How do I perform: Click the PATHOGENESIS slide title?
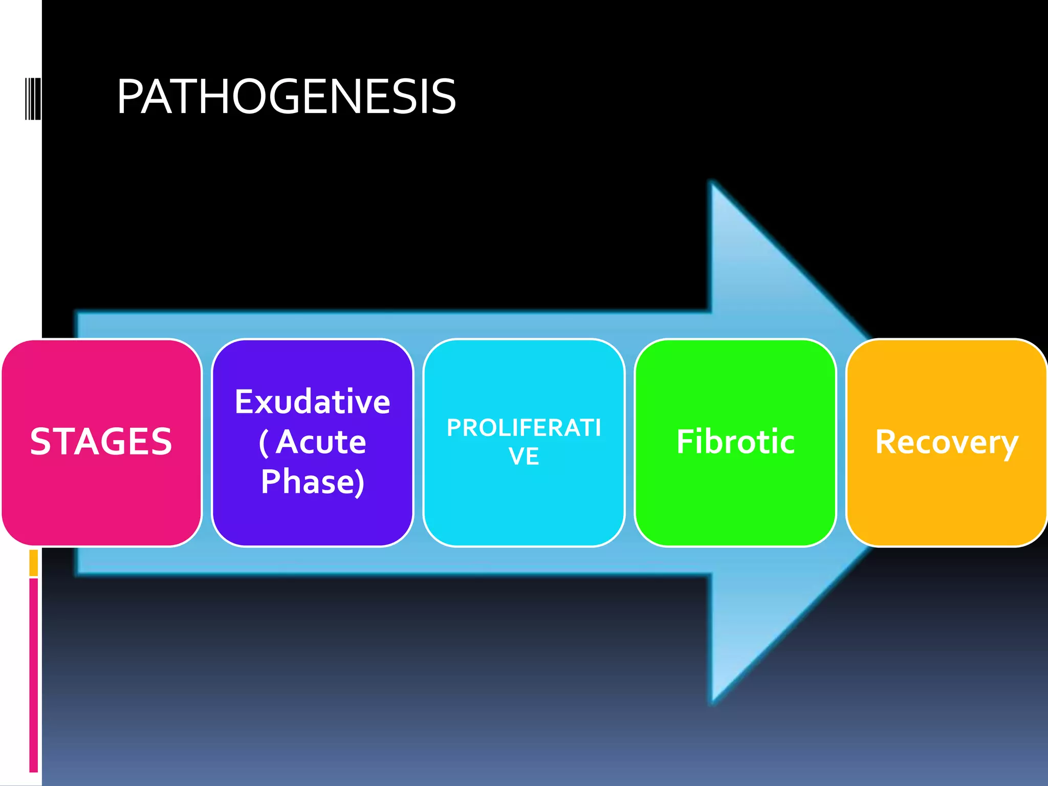click(x=286, y=97)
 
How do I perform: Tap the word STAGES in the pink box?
click(x=101, y=441)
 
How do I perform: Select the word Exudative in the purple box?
click(x=312, y=402)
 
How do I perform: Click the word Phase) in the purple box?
click(x=313, y=482)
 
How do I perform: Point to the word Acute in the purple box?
click(x=321, y=442)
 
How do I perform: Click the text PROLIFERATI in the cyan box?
click(x=523, y=428)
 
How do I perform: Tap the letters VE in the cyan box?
click(x=523, y=456)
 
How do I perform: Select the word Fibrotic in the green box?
click(x=735, y=441)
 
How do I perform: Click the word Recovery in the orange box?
click(x=947, y=442)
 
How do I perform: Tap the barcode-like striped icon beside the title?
click(x=33, y=99)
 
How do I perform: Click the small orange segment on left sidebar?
click(x=34, y=562)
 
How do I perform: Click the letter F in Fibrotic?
click(x=686, y=441)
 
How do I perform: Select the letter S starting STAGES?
click(x=40, y=441)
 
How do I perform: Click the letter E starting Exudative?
click(x=244, y=402)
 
